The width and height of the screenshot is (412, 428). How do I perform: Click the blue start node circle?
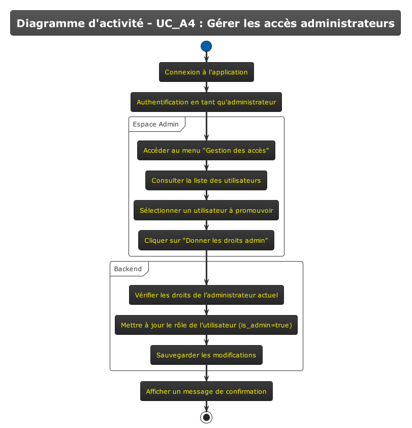pos(206,46)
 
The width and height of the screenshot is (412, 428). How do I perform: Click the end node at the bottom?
pos(206,417)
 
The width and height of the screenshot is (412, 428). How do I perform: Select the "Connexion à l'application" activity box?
pos(206,72)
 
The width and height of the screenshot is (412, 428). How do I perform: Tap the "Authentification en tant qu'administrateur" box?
pos(206,102)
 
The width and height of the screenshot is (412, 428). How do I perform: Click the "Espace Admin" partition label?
pos(155,124)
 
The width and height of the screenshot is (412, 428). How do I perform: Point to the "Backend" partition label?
pos(128,269)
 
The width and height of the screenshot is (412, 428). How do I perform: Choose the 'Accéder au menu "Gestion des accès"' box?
pos(206,151)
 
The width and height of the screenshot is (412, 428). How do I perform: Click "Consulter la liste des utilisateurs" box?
pos(206,181)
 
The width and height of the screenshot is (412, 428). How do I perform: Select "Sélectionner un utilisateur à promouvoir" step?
pos(206,211)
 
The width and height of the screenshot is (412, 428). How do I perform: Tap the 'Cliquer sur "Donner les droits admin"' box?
pos(206,240)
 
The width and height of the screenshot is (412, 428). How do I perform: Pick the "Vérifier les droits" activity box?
pos(206,295)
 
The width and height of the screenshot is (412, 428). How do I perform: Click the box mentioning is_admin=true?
pos(206,325)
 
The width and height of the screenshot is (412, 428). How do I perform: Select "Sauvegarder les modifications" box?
pos(206,355)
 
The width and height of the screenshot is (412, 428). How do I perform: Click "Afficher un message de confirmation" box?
pos(206,391)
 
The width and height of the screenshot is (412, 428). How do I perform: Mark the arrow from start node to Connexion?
pos(206,57)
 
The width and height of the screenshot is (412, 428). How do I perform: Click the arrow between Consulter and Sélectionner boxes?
pos(206,195)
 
